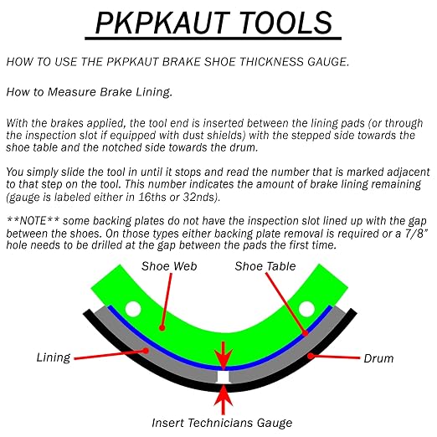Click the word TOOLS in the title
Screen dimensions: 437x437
pos(285,23)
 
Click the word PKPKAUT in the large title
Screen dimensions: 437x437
pos(161,23)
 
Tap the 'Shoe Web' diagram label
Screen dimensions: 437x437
pos(169,266)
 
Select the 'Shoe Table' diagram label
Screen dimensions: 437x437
pos(265,266)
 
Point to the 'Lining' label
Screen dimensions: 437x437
pos(54,357)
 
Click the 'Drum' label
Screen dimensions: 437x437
pos(378,358)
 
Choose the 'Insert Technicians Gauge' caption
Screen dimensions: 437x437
pos(222,423)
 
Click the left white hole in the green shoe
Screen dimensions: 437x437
pos(133,309)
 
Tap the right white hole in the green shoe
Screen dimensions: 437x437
pos(306,309)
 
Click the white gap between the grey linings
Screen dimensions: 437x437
pos(224,377)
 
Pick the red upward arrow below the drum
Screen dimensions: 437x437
pos(224,399)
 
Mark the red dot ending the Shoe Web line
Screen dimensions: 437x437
pos(162,327)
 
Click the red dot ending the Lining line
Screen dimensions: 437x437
pos(146,351)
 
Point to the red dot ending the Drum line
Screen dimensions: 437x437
pos(311,356)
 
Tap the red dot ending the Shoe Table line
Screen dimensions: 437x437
pos(306,333)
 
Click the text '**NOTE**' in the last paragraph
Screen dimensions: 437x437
pos(33,221)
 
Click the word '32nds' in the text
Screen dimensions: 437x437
pos(200,197)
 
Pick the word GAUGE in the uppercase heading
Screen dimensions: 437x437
pos(328,62)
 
